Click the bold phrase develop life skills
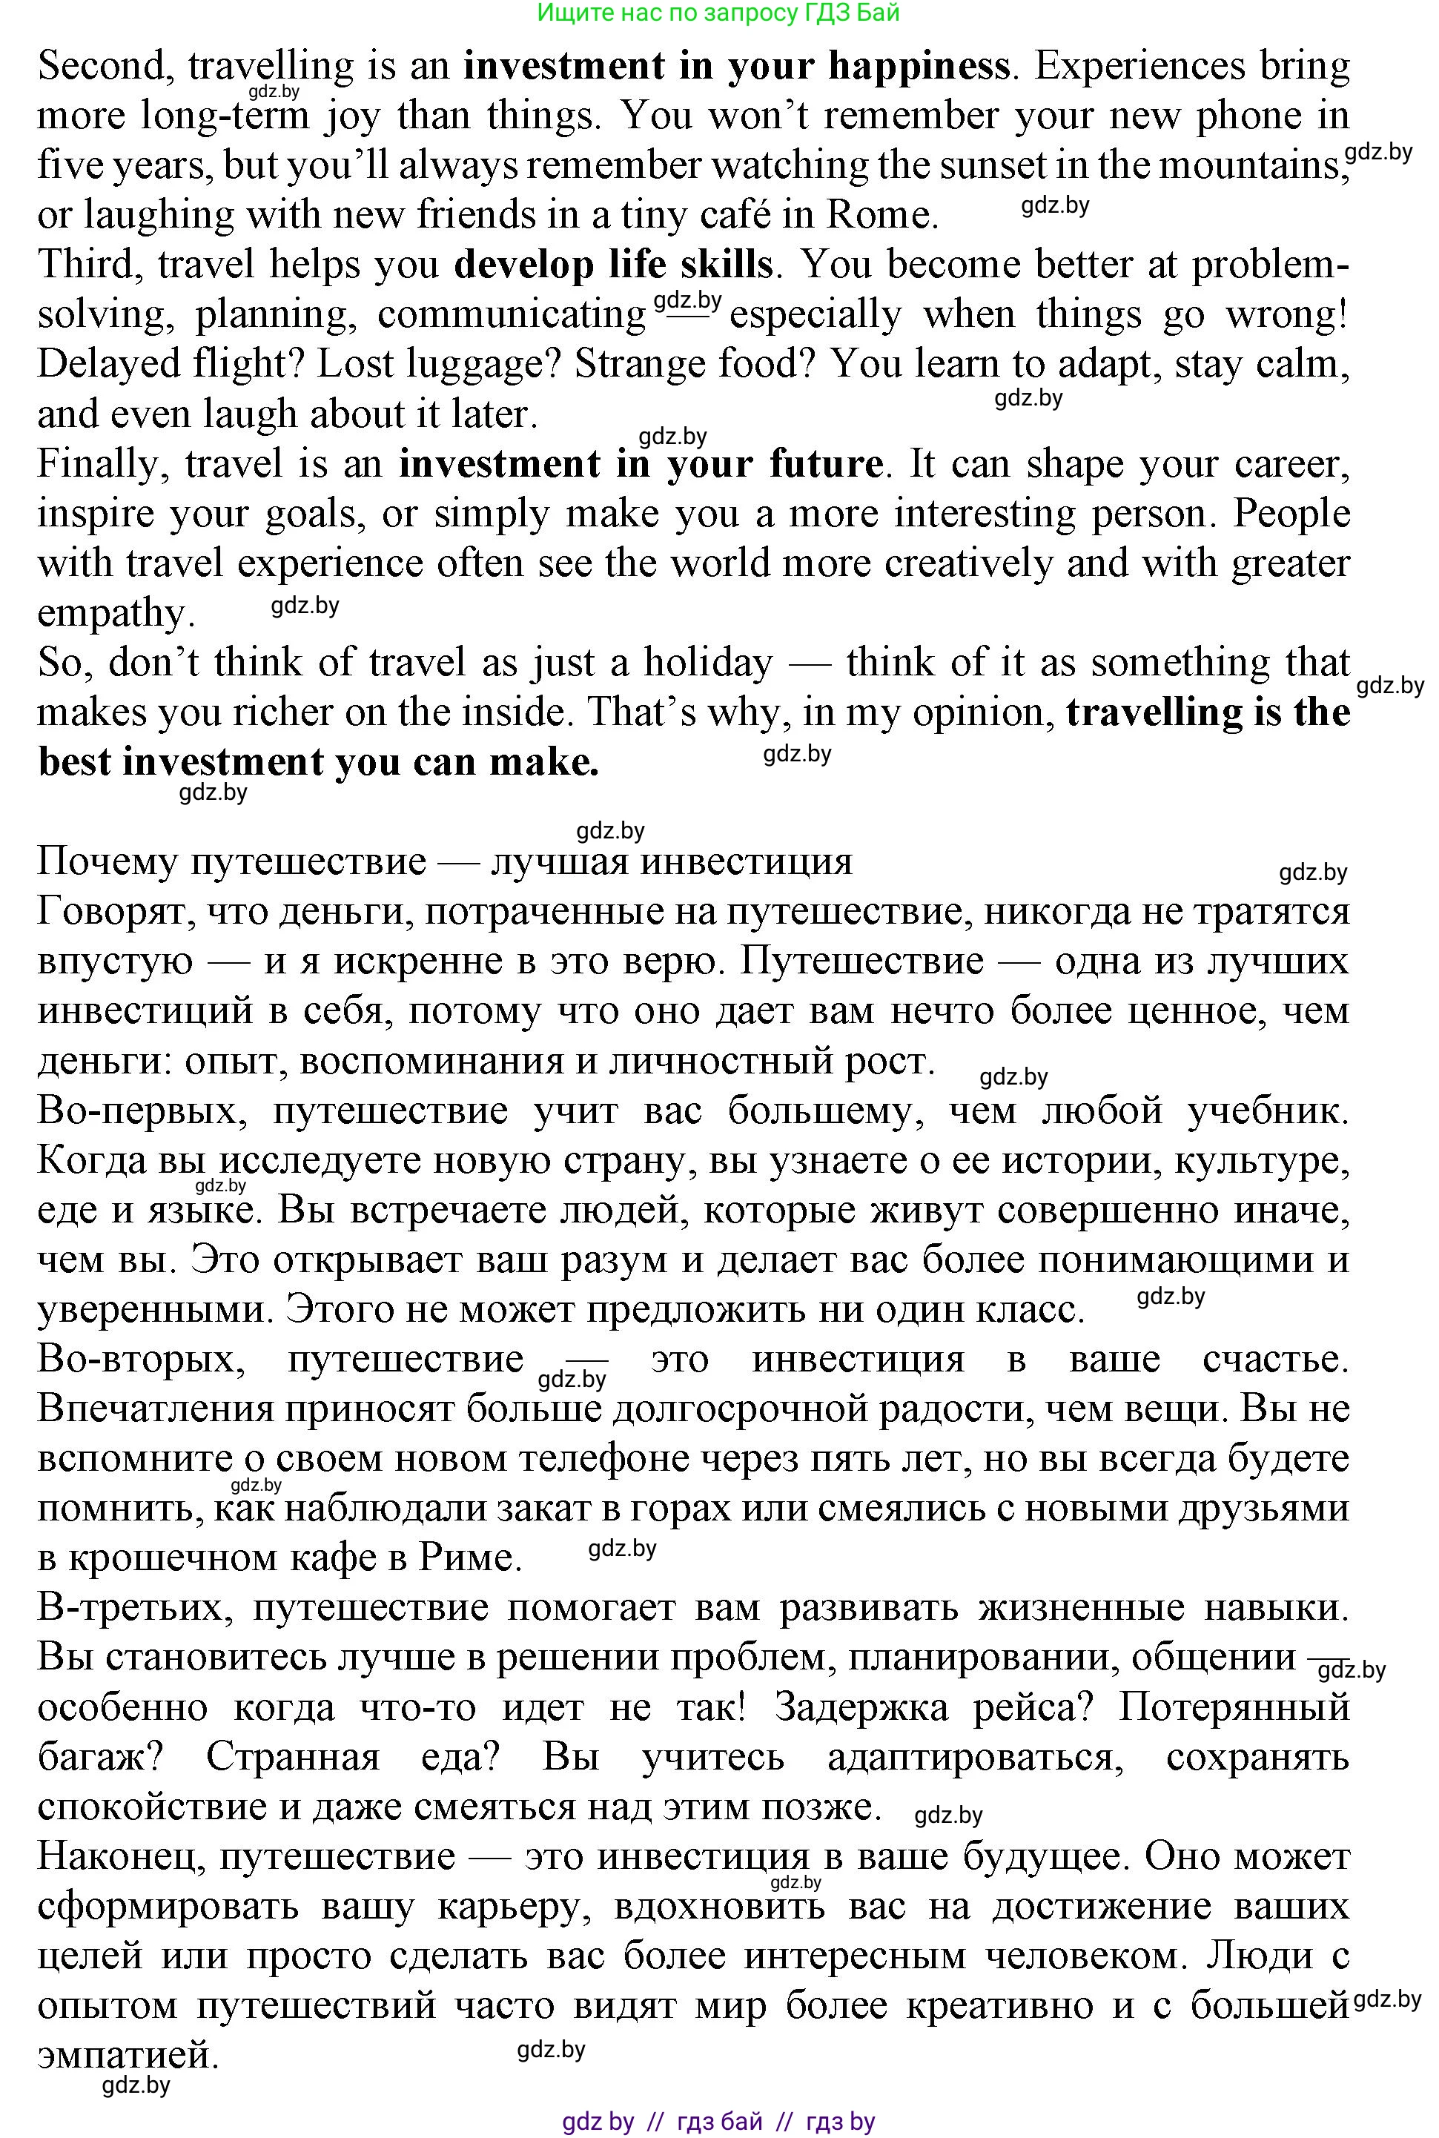pyautogui.click(x=613, y=264)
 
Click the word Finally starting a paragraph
pyautogui.click(x=102, y=464)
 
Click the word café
pyautogui.click(x=730, y=215)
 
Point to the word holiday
pyautogui.click(x=707, y=663)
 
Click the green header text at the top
pyautogui.click(x=718, y=12)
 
